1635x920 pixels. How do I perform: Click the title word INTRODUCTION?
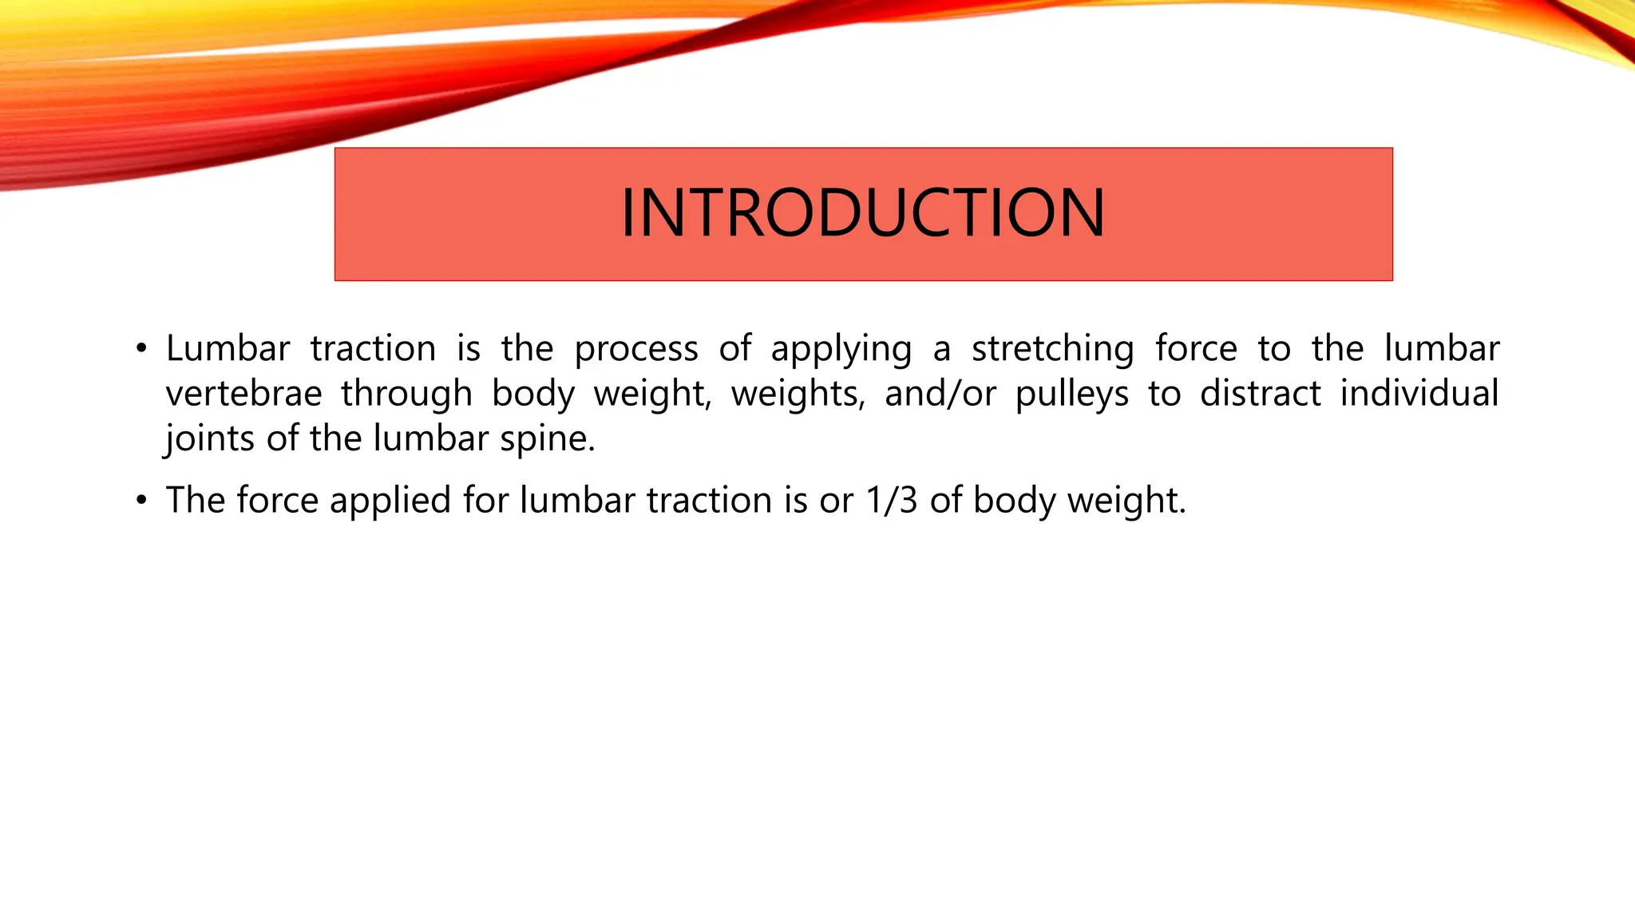click(x=863, y=213)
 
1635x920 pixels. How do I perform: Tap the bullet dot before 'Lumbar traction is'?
click(x=141, y=349)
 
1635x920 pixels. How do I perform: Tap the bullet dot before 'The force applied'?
click(x=141, y=501)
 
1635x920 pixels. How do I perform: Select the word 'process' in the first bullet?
click(x=635, y=350)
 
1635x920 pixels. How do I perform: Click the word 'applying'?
click(x=841, y=350)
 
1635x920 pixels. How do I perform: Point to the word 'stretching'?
click(x=1052, y=350)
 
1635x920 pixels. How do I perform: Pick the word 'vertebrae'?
click(x=243, y=394)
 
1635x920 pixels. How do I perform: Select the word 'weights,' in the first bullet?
click(x=798, y=394)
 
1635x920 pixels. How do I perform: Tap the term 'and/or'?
click(x=940, y=394)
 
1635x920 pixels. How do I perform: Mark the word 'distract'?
click(x=1261, y=394)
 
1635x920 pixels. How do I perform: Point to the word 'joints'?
click(x=209, y=438)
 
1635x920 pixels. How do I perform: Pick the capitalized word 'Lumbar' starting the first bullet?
click(x=228, y=349)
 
